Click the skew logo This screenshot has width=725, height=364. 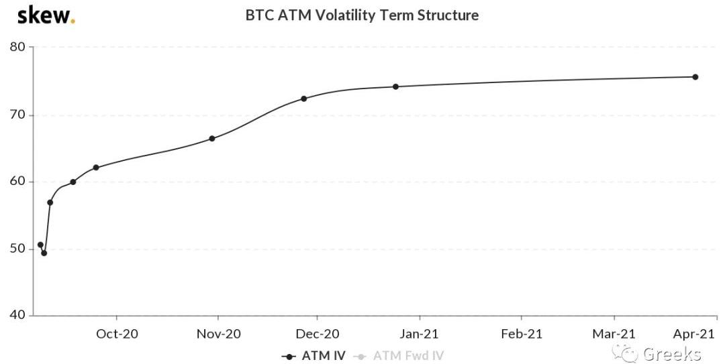tap(46, 15)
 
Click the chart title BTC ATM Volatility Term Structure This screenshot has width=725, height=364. tap(362, 15)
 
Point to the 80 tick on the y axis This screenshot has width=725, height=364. tap(17, 47)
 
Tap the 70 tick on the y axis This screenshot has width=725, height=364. tap(17, 115)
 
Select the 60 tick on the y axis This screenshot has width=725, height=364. tap(17, 182)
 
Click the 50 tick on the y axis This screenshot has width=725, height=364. tap(17, 249)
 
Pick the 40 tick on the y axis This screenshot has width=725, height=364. tap(17, 316)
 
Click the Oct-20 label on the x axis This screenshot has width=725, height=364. tap(117, 333)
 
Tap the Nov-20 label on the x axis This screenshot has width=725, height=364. tap(218, 333)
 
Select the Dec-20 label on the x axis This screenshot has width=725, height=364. tap(318, 333)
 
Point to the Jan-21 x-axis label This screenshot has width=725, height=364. tap(420, 333)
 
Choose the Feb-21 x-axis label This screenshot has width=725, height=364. tap(522, 333)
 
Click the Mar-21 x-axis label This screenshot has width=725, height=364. tap(614, 333)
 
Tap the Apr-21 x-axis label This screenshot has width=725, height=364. tap(693, 333)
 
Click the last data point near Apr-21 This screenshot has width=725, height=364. tap(695, 77)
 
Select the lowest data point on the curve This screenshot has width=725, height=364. tap(44, 253)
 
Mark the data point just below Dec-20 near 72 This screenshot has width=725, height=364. tap(303, 99)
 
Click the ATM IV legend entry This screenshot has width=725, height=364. tap(314, 356)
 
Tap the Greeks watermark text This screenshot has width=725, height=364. tap(671, 354)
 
